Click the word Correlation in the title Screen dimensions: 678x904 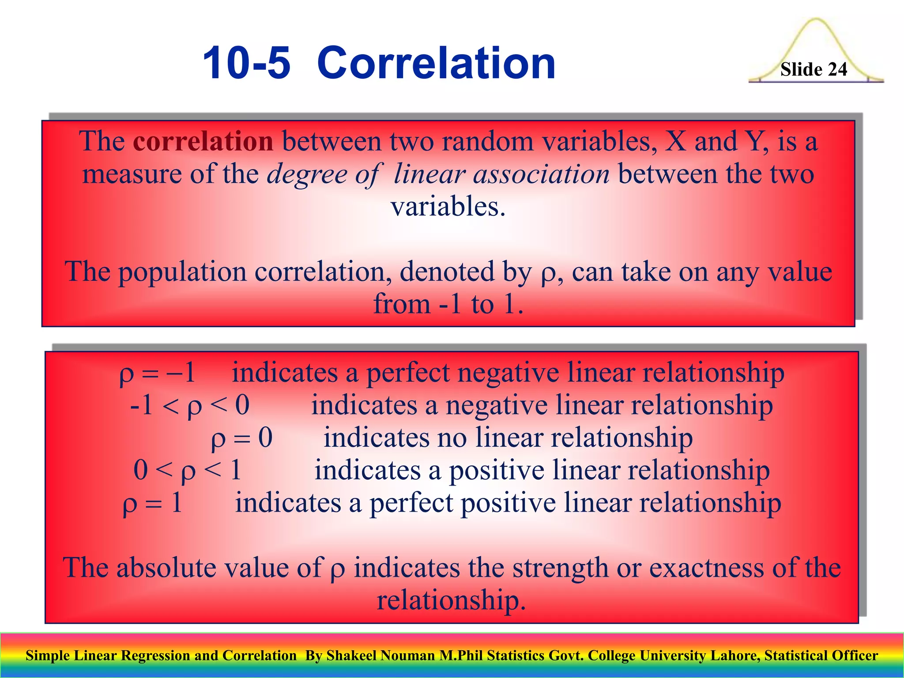(x=436, y=64)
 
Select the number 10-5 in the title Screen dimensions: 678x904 (x=246, y=64)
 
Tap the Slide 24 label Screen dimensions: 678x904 (x=814, y=70)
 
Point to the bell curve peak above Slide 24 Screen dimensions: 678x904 (x=816, y=20)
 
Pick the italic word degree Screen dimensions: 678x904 (x=307, y=175)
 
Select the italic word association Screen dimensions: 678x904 (x=541, y=174)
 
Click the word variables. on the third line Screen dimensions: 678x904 (x=448, y=207)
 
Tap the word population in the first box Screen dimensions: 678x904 (x=182, y=272)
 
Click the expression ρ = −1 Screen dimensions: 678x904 (x=158, y=373)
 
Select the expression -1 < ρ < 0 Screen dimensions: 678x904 (x=190, y=406)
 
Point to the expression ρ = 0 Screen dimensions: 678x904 (x=242, y=438)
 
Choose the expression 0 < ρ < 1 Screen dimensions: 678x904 (x=188, y=471)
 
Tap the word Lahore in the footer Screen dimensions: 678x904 (x=734, y=655)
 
